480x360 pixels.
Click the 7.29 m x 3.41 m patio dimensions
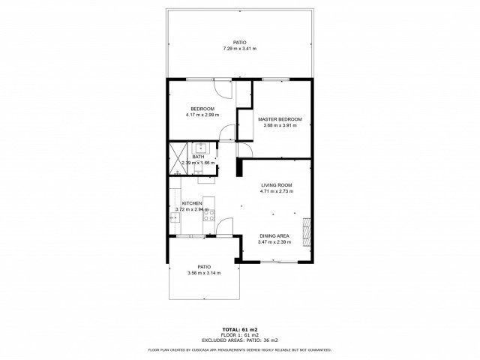pyautogui.click(x=239, y=49)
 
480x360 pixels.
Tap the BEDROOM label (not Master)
pyautogui.click(x=202, y=109)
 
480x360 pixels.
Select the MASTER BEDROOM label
pyautogui.click(x=280, y=119)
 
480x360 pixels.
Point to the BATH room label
pyautogui.click(x=198, y=156)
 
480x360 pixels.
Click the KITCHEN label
pyautogui.click(x=192, y=203)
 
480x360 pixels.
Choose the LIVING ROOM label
pyautogui.click(x=276, y=184)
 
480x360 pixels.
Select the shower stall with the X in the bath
pyautogui.click(x=175, y=157)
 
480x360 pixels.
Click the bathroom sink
pyautogui.click(x=202, y=148)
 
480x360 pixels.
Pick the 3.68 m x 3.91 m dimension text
pyautogui.click(x=280, y=125)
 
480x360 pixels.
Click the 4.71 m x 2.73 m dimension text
pyautogui.click(x=276, y=190)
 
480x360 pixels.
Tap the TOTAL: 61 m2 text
pyautogui.click(x=239, y=329)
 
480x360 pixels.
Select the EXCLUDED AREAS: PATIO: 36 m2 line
pyautogui.click(x=239, y=340)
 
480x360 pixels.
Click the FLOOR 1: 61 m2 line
pyautogui.click(x=239, y=334)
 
